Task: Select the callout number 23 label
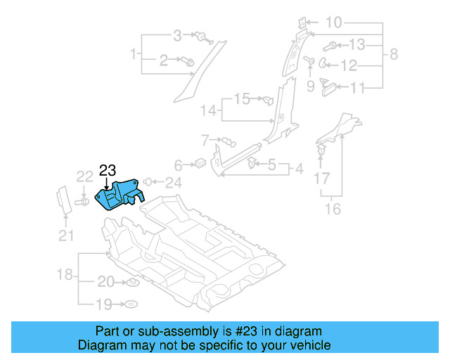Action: (107, 170)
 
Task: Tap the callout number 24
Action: (173, 183)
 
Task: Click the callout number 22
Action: (84, 176)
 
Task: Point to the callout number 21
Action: (65, 236)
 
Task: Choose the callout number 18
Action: (65, 274)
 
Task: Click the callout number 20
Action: (105, 282)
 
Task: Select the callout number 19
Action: (105, 304)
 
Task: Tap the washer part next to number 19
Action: (130, 304)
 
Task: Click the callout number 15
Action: (242, 98)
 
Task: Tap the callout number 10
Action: (333, 23)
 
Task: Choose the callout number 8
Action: (394, 53)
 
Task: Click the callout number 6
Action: (178, 165)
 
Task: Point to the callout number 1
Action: (133, 53)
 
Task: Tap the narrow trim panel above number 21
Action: (63, 199)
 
